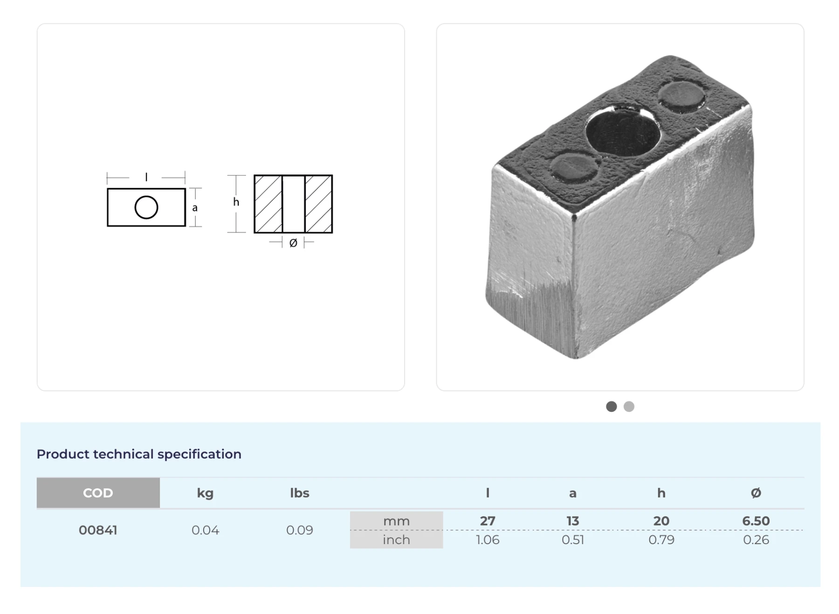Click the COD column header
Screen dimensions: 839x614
98,493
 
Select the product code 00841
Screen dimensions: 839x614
98,530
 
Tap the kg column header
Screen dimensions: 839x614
205,493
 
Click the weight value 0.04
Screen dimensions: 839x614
205,530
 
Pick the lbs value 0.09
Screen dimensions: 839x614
300,530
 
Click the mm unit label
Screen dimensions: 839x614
397,521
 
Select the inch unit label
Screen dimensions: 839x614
397,539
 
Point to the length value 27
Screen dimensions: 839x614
488,521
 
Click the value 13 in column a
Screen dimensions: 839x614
573,521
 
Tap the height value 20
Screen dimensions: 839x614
661,521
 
